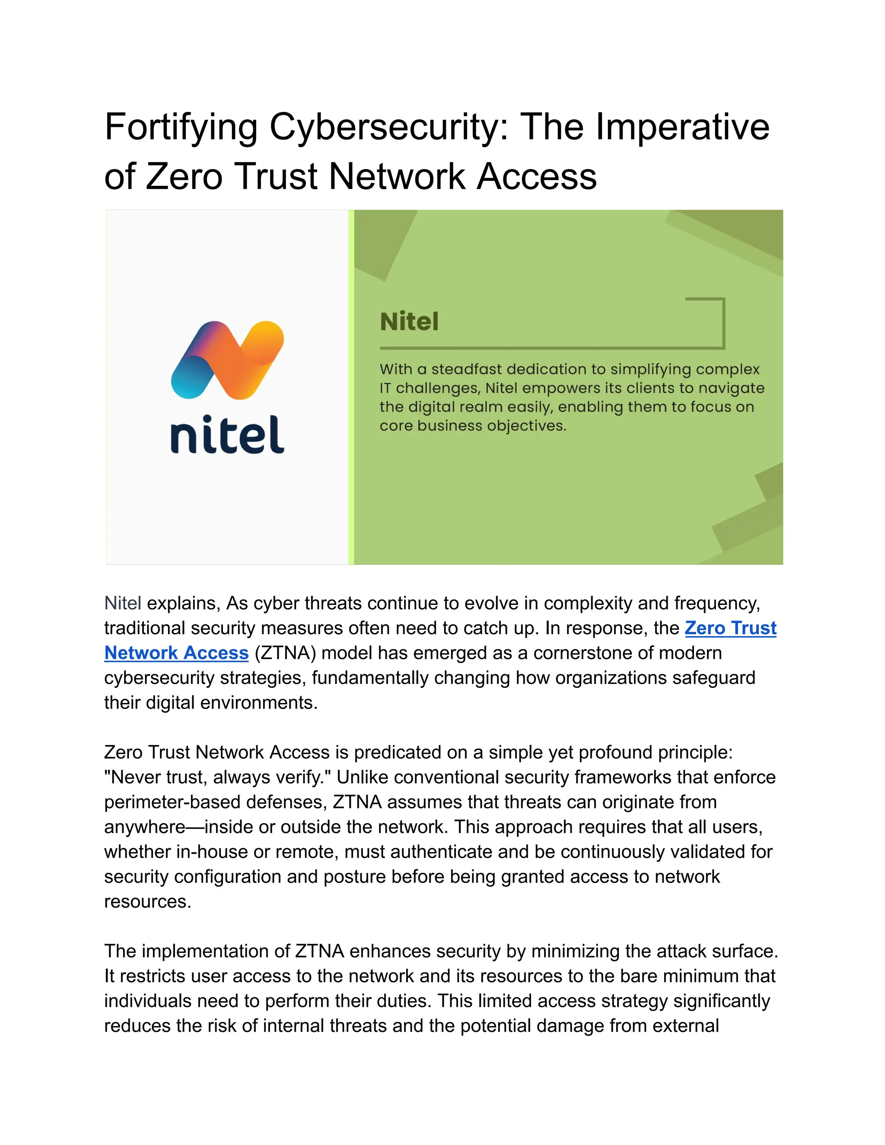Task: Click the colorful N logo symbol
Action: click(227, 359)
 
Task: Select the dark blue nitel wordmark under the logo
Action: click(227, 435)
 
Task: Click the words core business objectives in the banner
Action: click(472, 426)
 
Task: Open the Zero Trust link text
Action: click(730, 628)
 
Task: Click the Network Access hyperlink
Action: click(176, 653)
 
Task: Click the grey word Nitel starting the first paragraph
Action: click(123, 604)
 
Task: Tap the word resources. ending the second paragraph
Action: click(147, 901)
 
